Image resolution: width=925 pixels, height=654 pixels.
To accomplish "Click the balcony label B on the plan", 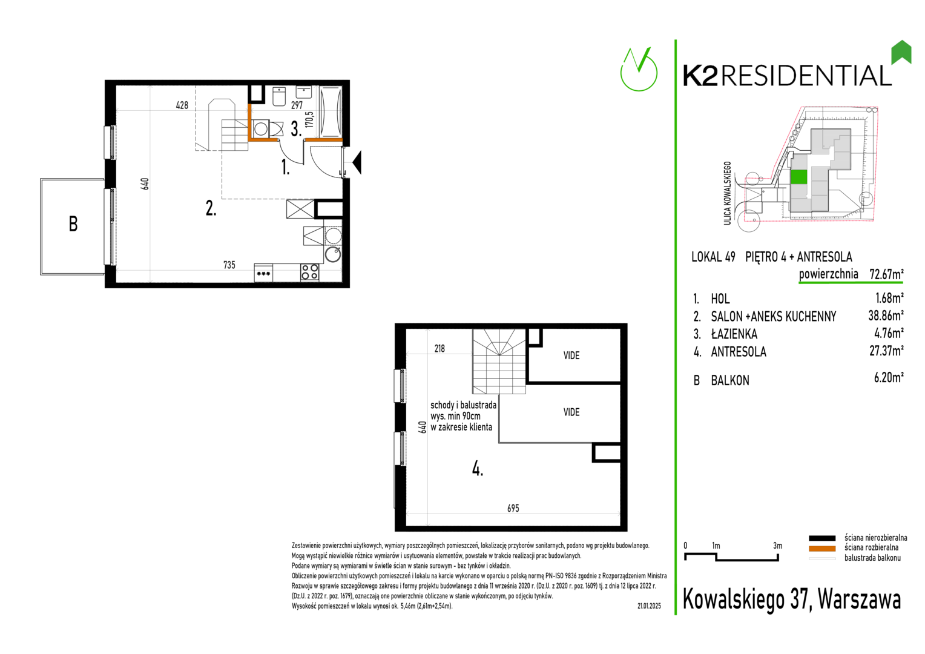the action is pyautogui.click(x=73, y=224).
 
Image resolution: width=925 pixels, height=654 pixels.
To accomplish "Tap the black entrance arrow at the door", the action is pyautogui.click(x=357, y=162).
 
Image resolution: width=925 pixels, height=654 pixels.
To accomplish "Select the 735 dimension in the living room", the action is pyautogui.click(x=229, y=265).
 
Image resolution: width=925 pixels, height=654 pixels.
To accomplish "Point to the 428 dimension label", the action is pyautogui.click(x=182, y=105).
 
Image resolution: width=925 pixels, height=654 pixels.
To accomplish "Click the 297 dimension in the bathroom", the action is pyautogui.click(x=297, y=105).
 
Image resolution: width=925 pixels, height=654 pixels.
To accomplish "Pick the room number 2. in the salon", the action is pyautogui.click(x=211, y=208).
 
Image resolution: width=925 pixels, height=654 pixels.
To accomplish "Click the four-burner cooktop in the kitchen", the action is pyautogui.click(x=310, y=272).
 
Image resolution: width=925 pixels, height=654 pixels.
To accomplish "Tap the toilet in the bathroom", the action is pyautogui.click(x=279, y=96).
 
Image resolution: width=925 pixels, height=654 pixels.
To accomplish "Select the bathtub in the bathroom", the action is pyautogui.click(x=331, y=111).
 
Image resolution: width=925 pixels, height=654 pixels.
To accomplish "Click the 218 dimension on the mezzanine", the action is pyautogui.click(x=439, y=349).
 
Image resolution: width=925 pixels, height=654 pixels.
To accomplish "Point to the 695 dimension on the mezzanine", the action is pyautogui.click(x=513, y=509).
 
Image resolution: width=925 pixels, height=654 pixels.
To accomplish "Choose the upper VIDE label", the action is pyautogui.click(x=571, y=355).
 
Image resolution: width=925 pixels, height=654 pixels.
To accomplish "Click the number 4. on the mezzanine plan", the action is pyautogui.click(x=478, y=469).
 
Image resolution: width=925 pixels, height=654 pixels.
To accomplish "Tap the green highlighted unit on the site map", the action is pyautogui.click(x=798, y=177).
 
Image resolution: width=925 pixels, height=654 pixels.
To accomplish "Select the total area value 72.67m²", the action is pyautogui.click(x=886, y=274).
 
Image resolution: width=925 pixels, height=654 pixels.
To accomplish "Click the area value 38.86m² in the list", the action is pyautogui.click(x=886, y=315).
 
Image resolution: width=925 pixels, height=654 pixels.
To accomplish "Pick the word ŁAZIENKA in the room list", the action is pyautogui.click(x=734, y=334).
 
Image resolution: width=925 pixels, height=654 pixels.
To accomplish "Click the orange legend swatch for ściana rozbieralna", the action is pyautogui.click(x=821, y=549).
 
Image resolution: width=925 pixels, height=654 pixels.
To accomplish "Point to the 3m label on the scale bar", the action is pyautogui.click(x=777, y=546).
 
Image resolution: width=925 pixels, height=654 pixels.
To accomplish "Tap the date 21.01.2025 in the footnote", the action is pyautogui.click(x=649, y=606).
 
